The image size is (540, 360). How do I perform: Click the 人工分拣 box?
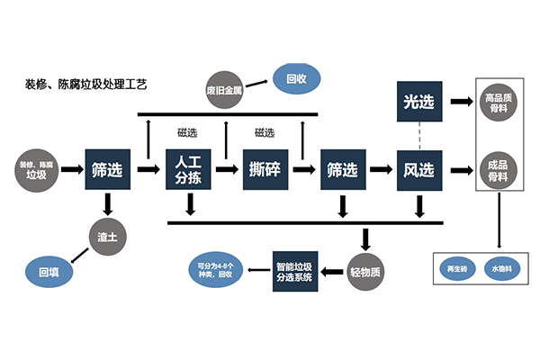(x=190, y=168)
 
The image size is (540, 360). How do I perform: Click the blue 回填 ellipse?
(x=49, y=270)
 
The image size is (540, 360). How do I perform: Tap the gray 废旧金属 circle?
(x=224, y=89)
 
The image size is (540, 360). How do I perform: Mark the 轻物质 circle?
(x=366, y=270)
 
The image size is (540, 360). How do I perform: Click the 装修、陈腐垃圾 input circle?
(x=38, y=168)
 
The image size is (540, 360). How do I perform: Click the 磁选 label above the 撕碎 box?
(x=265, y=133)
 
